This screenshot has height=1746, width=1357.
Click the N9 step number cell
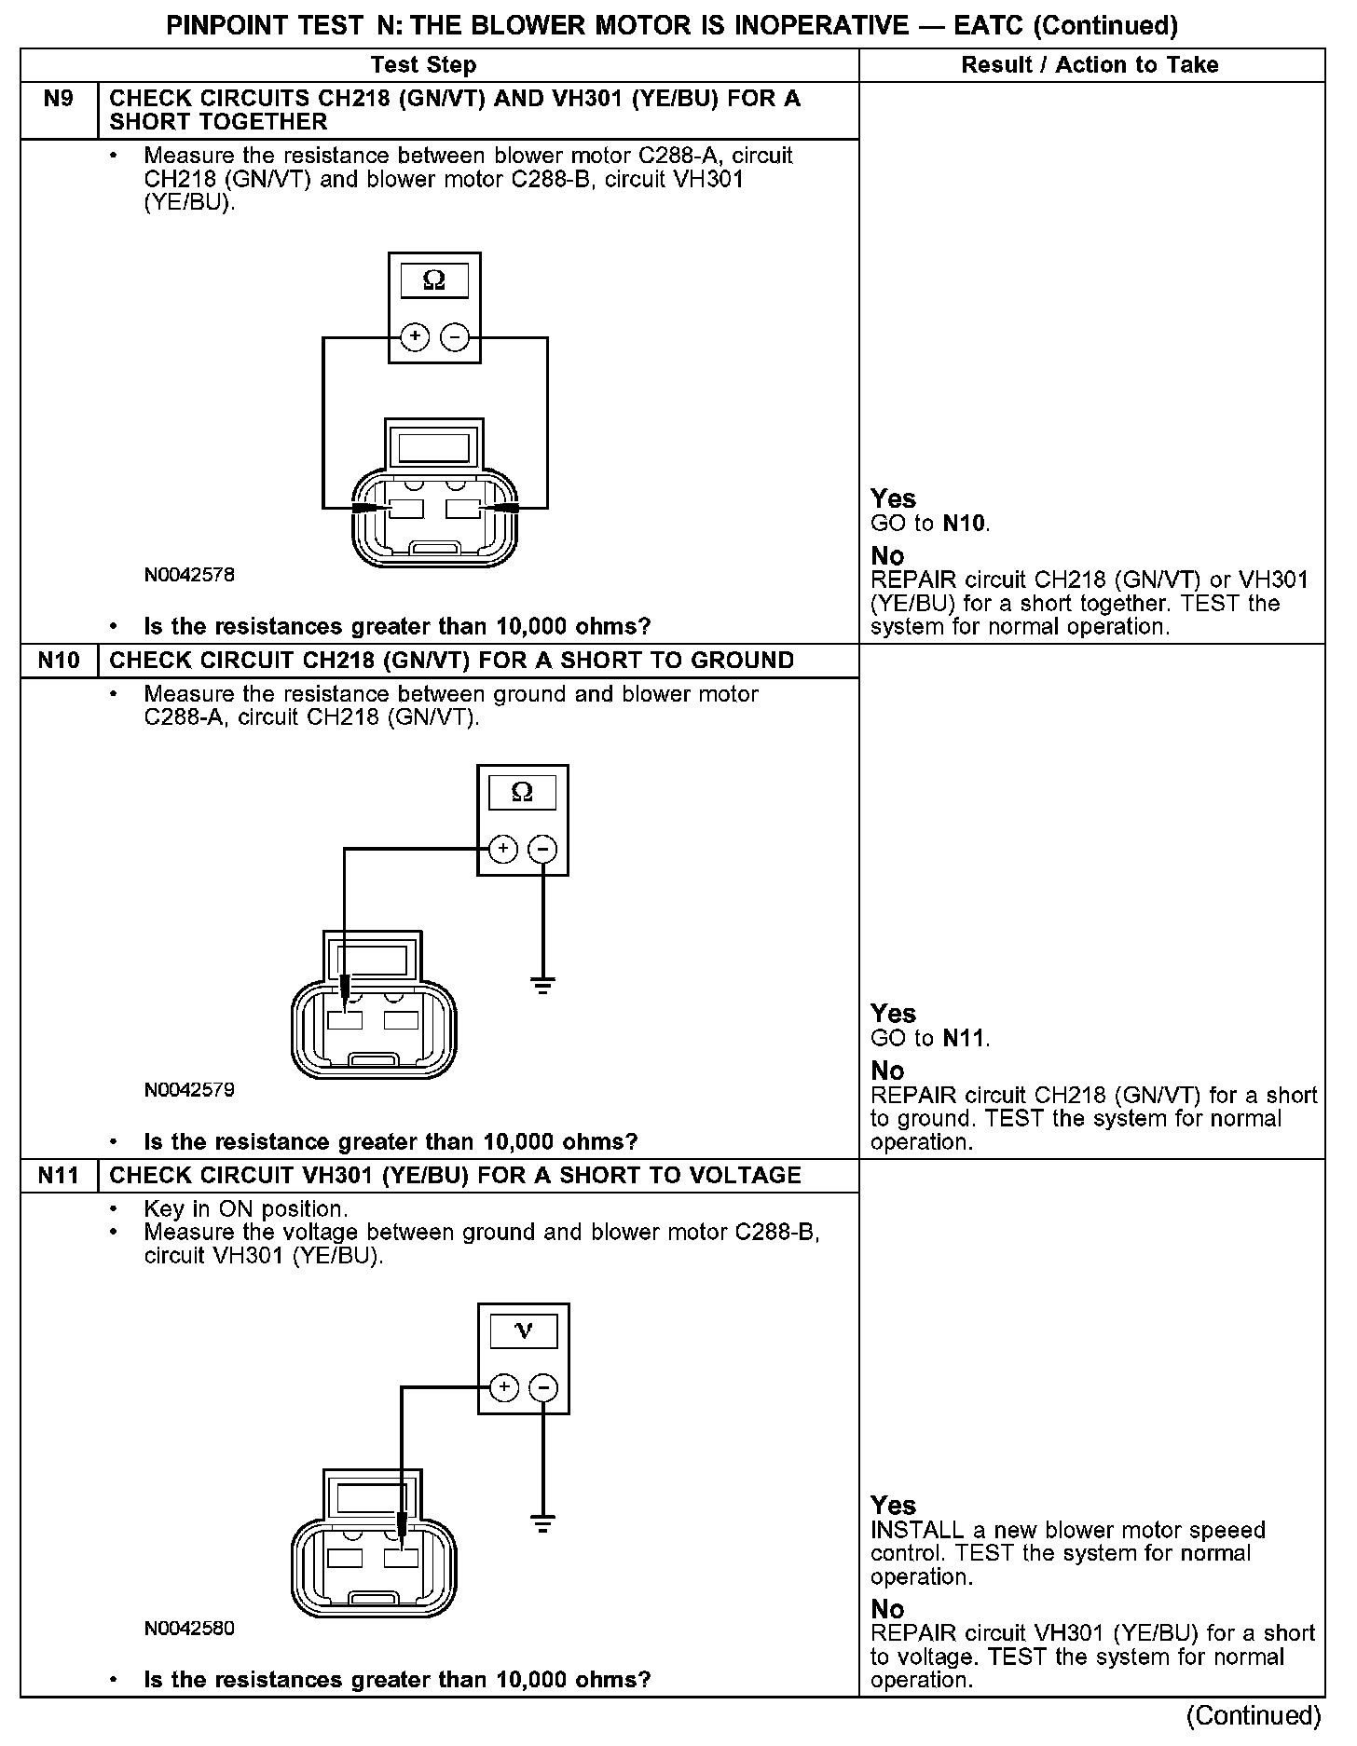pyautogui.click(x=58, y=100)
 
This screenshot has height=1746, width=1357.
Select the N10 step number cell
pyautogui.click(x=58, y=661)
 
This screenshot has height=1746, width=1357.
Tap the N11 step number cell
pyautogui.click(x=58, y=1175)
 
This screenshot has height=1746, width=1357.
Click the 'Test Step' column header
pyautogui.click(x=423, y=65)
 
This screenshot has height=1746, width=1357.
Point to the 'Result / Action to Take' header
pyautogui.click(x=1090, y=65)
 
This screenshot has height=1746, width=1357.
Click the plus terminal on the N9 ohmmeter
pyautogui.click(x=415, y=337)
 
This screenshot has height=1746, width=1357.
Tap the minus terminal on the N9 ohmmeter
pyautogui.click(x=455, y=337)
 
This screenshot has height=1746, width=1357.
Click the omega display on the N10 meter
pyautogui.click(x=522, y=793)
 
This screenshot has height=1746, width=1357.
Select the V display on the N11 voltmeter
pyautogui.click(x=523, y=1331)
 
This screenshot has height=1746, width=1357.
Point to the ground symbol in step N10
pyautogui.click(x=542, y=984)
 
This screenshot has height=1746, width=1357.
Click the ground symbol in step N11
pyautogui.click(x=542, y=1524)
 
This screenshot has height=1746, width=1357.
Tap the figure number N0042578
pyautogui.click(x=189, y=575)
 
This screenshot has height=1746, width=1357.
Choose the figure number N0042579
pyautogui.click(x=189, y=1090)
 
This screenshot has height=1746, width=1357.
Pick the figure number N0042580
pyautogui.click(x=189, y=1629)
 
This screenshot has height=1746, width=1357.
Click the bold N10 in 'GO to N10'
pyautogui.click(x=964, y=524)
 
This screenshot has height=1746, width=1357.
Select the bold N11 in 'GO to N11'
pyautogui.click(x=964, y=1038)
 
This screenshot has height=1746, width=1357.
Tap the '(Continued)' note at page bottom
pyautogui.click(x=1254, y=1715)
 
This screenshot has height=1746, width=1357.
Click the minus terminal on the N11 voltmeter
pyautogui.click(x=543, y=1388)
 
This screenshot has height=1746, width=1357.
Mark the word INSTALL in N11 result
pyautogui.click(x=917, y=1531)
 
